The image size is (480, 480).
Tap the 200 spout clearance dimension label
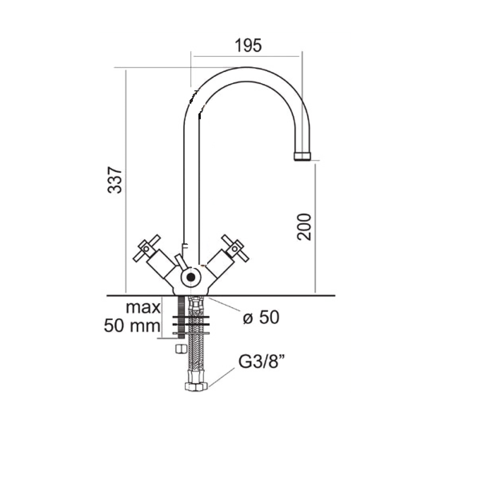pos(303,227)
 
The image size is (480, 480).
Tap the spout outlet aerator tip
pos(302,156)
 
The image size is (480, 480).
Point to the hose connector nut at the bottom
pos(196,386)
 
